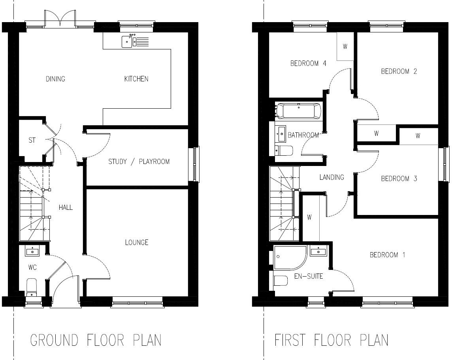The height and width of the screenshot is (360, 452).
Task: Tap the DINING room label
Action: tap(55, 79)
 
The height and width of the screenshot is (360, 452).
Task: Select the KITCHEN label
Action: tap(136, 79)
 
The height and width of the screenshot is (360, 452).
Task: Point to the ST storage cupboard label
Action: tap(32, 140)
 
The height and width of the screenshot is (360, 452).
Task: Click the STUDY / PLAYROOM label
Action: tap(139, 162)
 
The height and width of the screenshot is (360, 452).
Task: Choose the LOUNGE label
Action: tap(136, 242)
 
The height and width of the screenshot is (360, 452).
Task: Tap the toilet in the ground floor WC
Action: tap(31, 286)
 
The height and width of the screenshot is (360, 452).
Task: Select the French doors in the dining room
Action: tap(60, 20)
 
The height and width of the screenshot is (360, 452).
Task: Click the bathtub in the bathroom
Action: tap(299, 111)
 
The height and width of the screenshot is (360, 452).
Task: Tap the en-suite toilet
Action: tap(281, 281)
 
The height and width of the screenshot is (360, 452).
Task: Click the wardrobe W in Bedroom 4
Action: tap(345, 47)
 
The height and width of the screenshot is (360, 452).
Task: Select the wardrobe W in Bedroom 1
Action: tap(309, 217)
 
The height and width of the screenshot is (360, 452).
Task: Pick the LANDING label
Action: tap(331, 177)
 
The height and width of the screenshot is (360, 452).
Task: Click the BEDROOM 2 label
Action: tap(399, 72)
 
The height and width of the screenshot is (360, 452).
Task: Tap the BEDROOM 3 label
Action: tap(399, 179)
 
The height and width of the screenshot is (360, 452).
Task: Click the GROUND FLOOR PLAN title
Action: tap(96, 340)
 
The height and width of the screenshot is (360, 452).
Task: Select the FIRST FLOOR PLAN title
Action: tap(331, 340)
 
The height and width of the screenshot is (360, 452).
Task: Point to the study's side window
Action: tap(196, 164)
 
